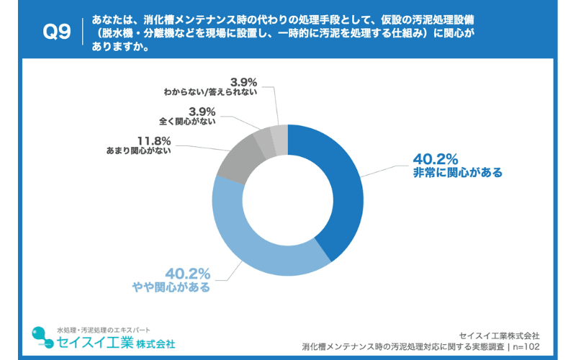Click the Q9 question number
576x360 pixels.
point(57,32)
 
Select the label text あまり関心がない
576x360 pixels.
point(138,152)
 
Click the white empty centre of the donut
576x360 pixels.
point(288,200)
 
